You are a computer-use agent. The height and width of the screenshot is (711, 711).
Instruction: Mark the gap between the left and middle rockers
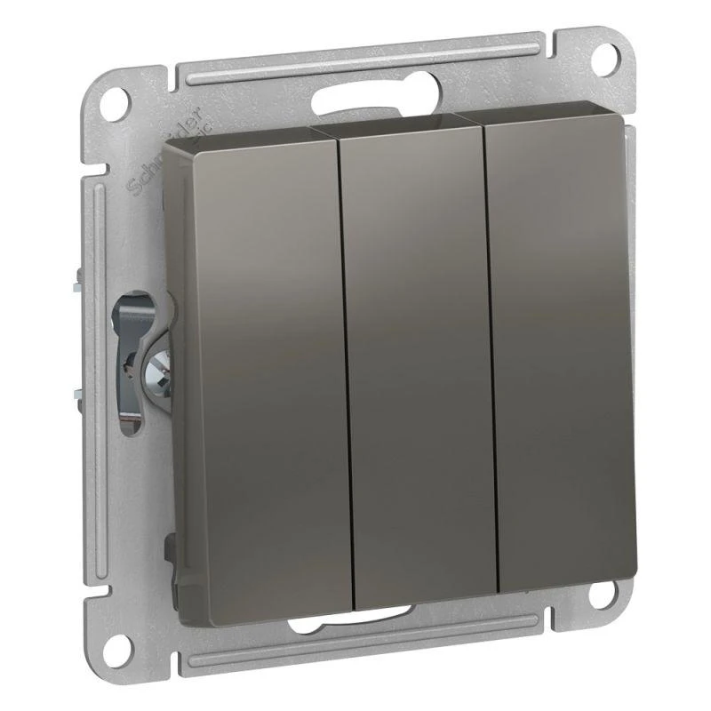click(343, 364)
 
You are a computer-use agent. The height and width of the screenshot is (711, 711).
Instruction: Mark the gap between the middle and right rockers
click(487, 355)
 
